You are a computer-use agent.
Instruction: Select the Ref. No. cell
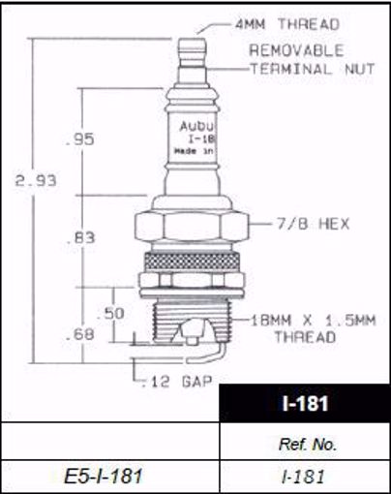click(x=305, y=443)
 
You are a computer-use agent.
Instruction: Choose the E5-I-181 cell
click(x=110, y=476)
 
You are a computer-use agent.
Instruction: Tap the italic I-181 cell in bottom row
click(x=305, y=476)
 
